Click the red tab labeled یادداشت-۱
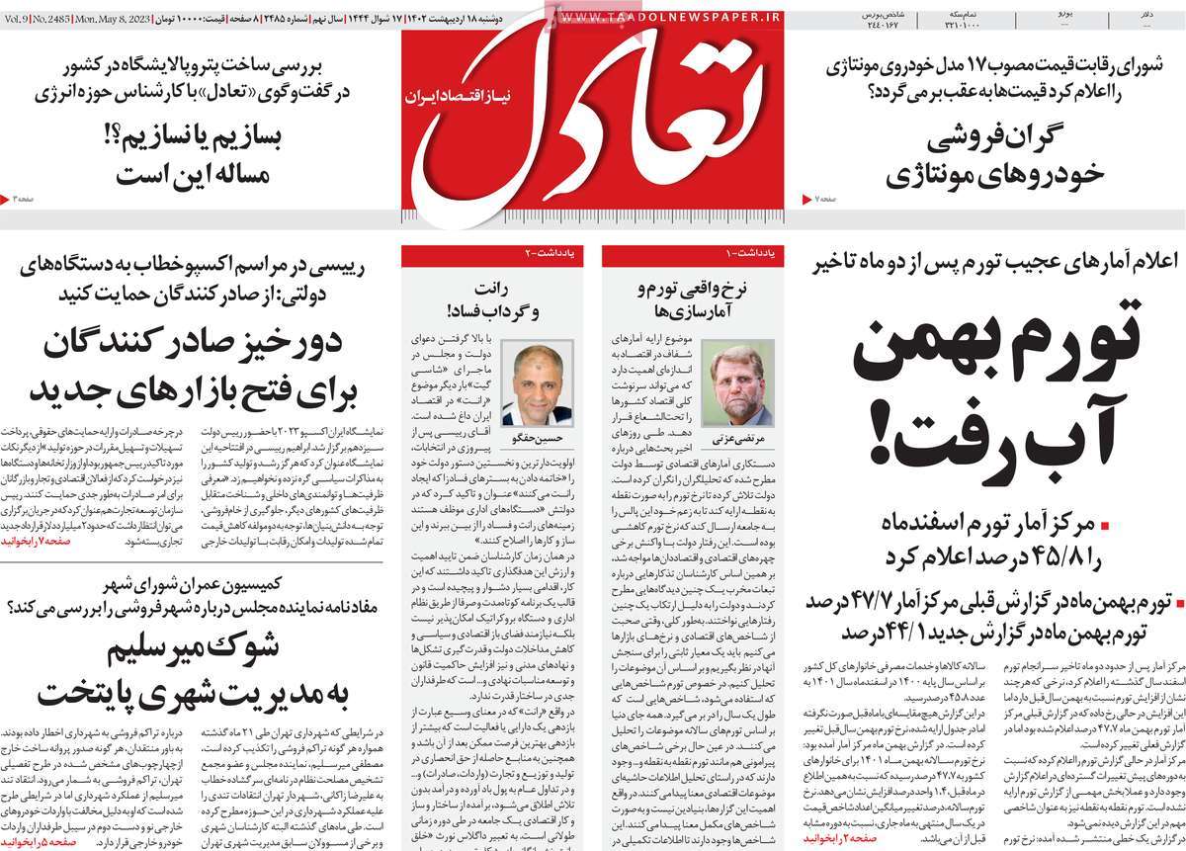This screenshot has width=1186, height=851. [x=750, y=255]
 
